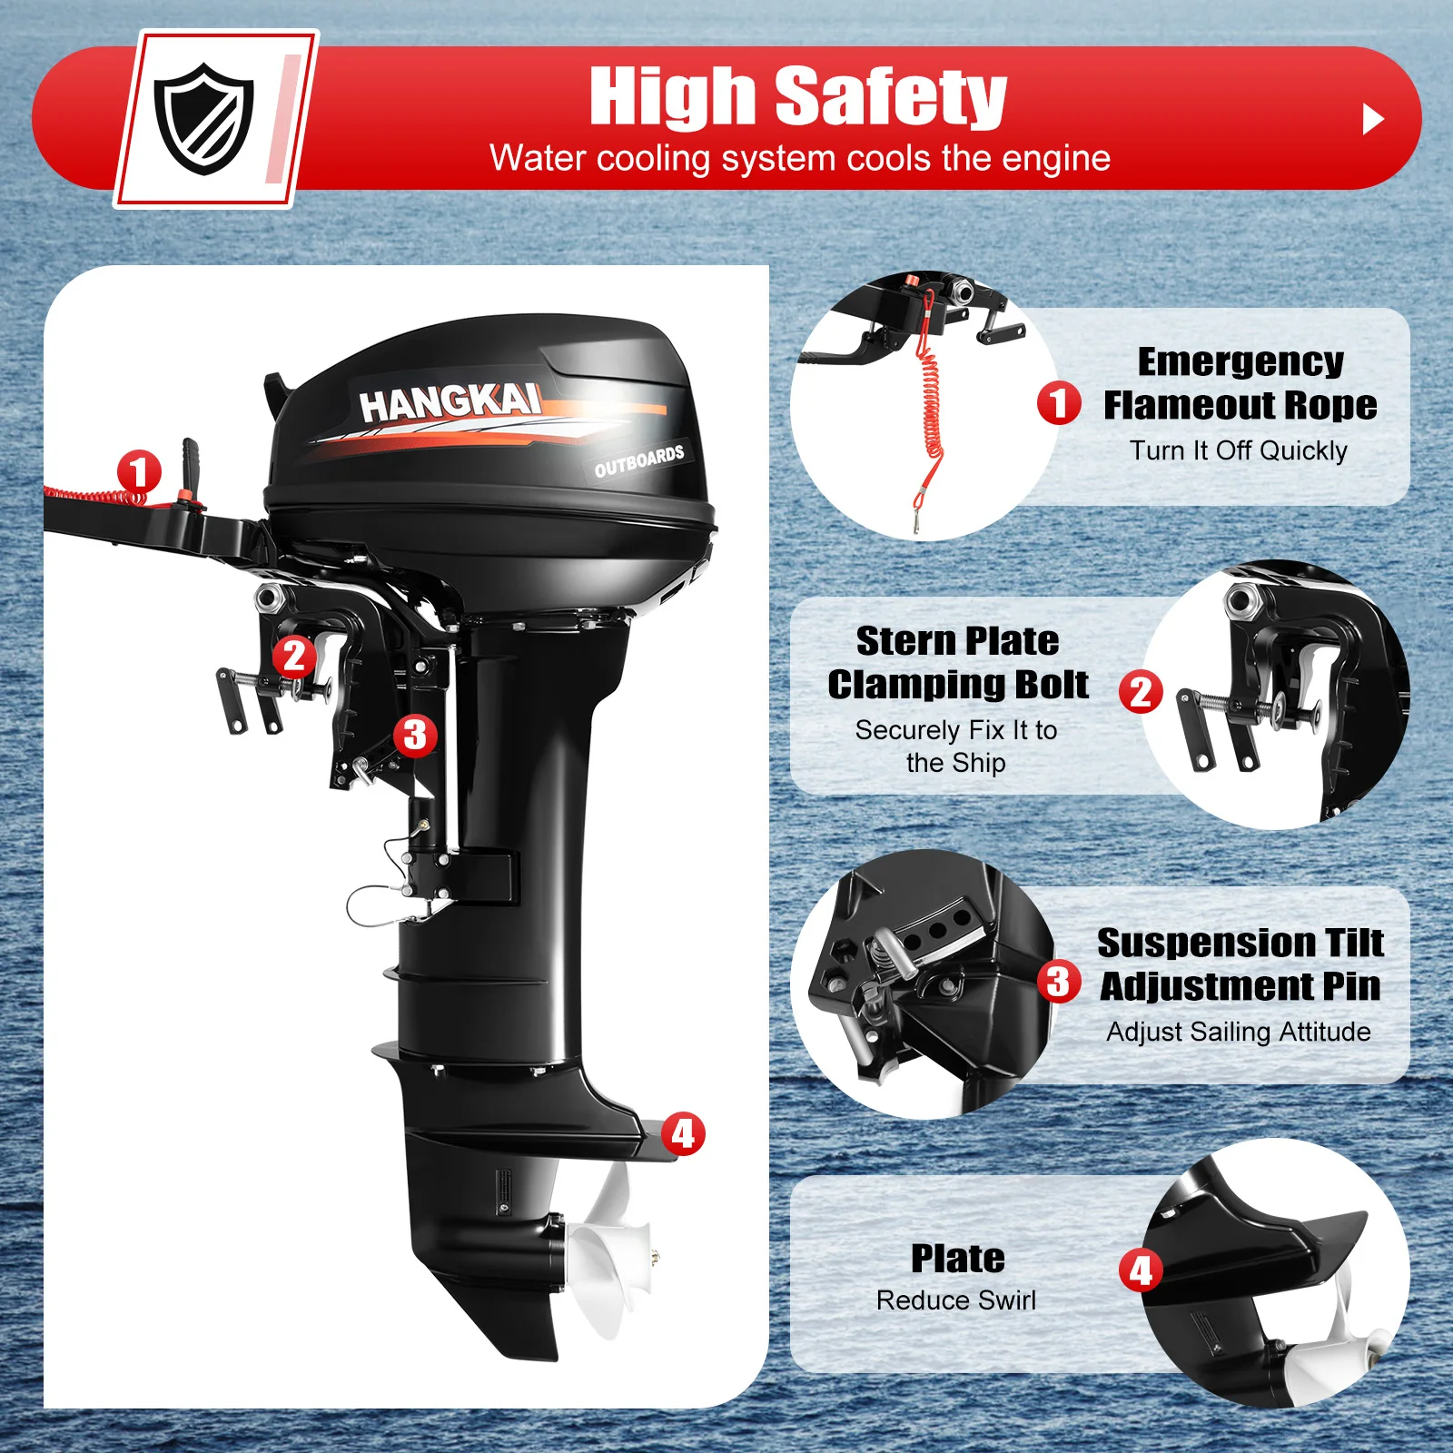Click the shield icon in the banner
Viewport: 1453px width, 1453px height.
coord(203,118)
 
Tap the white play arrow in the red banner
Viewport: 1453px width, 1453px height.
coord(1372,119)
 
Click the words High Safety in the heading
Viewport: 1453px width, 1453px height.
coord(797,96)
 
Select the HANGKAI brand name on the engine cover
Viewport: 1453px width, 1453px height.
coord(450,402)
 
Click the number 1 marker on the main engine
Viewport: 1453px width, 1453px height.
coord(139,472)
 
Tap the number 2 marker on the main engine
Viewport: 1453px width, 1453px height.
coord(294,656)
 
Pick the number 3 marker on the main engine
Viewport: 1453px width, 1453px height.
coord(415,735)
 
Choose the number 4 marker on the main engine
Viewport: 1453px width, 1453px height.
coord(683,1133)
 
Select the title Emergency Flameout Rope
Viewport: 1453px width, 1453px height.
coord(1240,383)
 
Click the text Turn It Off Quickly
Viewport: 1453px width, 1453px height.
coord(1238,450)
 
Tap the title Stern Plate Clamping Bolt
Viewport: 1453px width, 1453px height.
coord(957,662)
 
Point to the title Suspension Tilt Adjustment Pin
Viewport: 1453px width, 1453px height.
coord(1240,964)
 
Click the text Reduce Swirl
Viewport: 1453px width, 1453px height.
coord(955,1300)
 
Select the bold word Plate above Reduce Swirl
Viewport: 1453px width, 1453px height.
coord(957,1259)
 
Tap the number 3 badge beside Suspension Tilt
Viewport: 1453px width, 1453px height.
coord(1059,982)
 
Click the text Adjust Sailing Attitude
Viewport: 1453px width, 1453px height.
coord(1238,1032)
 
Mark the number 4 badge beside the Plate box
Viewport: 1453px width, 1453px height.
coord(1141,1270)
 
